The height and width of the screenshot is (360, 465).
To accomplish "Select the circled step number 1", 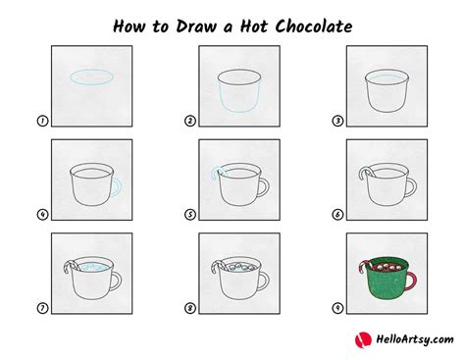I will tap(42, 122).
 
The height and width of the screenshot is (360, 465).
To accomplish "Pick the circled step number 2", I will tap(189, 122).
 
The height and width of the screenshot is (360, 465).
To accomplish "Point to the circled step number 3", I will tap(336, 122).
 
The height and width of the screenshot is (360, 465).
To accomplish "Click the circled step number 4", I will tap(42, 215).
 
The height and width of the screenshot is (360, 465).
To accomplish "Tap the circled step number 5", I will tap(189, 215).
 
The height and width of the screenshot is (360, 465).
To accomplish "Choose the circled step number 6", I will tap(336, 215).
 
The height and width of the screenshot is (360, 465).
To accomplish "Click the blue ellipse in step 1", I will tap(86, 77).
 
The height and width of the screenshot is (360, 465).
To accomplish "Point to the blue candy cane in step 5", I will tap(215, 175).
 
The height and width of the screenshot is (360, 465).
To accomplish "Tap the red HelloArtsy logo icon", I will tap(360, 339).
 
